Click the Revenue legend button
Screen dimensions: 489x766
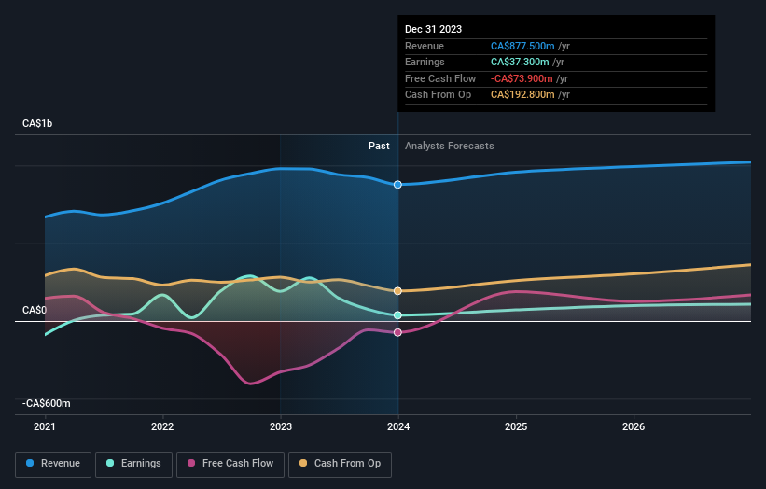[x=53, y=463]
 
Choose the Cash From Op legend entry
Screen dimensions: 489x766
[x=341, y=463]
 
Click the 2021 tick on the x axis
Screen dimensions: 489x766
[x=45, y=427]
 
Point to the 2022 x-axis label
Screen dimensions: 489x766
[x=162, y=427]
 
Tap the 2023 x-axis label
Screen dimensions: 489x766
[x=280, y=427]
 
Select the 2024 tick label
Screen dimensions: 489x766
[x=398, y=427]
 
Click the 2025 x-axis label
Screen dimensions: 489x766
[x=516, y=427]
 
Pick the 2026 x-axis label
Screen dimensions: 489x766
[x=634, y=427]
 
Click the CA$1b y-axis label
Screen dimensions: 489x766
[x=38, y=123]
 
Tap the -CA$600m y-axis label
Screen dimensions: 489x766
[x=48, y=403]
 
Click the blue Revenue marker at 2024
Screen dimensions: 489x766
[x=398, y=185]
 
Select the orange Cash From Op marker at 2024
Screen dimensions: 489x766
[x=398, y=291]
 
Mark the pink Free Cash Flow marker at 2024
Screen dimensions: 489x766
[x=398, y=332]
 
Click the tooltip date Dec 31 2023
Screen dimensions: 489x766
[x=433, y=30]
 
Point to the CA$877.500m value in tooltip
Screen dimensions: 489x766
[x=522, y=46]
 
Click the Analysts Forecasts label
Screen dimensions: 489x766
[x=449, y=146]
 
